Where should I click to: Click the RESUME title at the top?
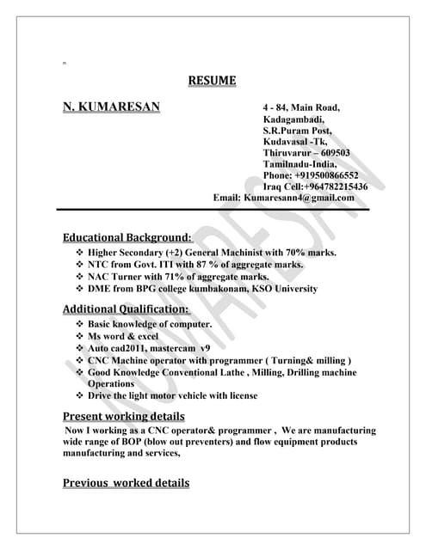[x=212, y=82]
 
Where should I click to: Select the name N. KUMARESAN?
[x=111, y=107]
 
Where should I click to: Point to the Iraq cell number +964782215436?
[x=334, y=186]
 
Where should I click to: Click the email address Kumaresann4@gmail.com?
[x=299, y=198]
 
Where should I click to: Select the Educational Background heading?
[x=127, y=236]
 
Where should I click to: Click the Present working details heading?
[x=124, y=417]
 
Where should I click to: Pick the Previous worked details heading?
[x=126, y=483]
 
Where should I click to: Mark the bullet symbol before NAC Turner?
[x=79, y=277]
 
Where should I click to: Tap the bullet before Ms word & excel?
[x=79, y=336]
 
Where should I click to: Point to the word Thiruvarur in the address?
[x=289, y=153]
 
